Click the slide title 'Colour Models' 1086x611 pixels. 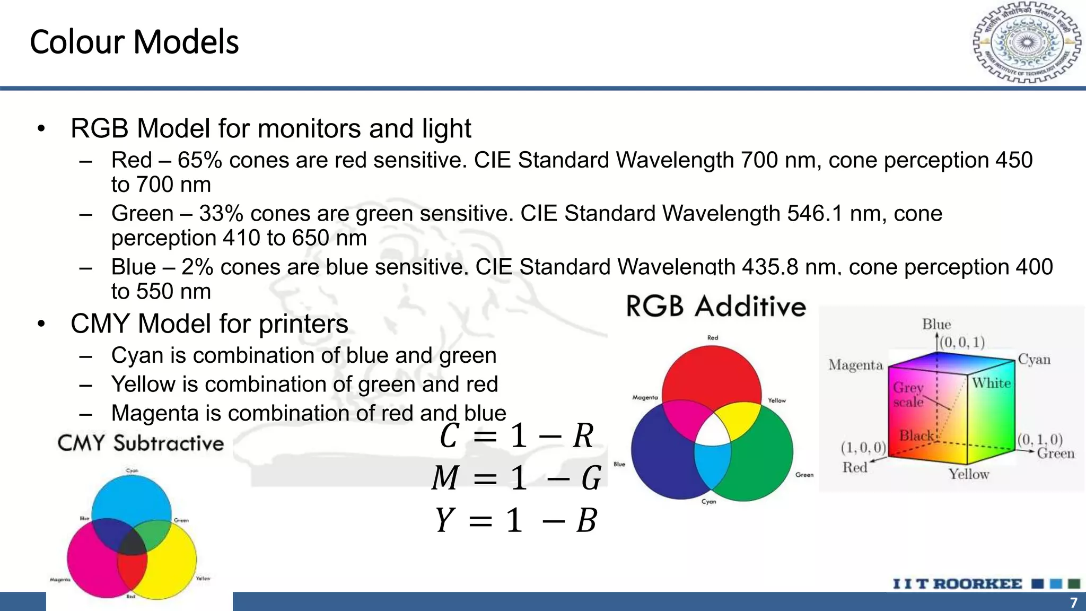(134, 42)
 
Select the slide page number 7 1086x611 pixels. (1073, 603)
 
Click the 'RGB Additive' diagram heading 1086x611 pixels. (716, 307)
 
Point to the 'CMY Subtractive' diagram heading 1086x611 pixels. (141, 443)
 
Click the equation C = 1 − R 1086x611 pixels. (516, 436)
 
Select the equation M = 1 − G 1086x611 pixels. (516, 477)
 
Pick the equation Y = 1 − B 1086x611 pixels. (516, 520)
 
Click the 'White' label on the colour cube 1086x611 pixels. (991, 383)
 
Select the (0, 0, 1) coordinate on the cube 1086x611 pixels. (962, 343)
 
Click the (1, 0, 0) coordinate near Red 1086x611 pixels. (863, 448)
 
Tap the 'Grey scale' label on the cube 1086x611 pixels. (908, 395)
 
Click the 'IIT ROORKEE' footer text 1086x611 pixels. (957, 584)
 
